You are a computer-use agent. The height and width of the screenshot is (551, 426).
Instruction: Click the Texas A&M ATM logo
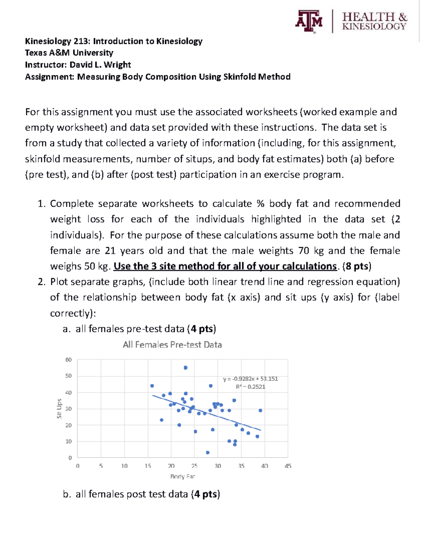[308, 21]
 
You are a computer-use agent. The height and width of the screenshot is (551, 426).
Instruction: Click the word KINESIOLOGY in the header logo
[374, 27]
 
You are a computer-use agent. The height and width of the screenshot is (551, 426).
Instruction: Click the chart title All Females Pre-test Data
[172, 345]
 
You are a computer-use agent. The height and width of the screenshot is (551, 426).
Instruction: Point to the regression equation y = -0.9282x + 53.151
[250, 379]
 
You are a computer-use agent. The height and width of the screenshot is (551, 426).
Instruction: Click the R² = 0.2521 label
[250, 387]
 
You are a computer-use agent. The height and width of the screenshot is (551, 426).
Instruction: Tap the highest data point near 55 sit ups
[186, 368]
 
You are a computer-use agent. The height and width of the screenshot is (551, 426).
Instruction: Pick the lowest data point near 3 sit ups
[208, 452]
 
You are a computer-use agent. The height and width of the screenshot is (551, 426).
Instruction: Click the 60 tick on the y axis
[69, 359]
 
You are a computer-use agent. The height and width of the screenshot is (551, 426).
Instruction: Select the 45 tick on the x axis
[288, 466]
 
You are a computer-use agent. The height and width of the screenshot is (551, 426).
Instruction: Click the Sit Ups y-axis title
[59, 408]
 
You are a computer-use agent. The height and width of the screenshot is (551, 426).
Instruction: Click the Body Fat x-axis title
[182, 476]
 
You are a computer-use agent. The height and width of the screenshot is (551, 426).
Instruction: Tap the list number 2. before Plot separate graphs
[42, 282]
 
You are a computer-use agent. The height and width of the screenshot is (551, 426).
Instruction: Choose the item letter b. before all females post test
[67, 494]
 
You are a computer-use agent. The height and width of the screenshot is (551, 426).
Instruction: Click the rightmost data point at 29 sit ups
[260, 410]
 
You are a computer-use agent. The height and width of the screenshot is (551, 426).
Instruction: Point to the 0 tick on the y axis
[70, 458]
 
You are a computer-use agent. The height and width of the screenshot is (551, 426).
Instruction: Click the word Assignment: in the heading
[49, 77]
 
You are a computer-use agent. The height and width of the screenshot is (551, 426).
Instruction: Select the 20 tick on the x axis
[171, 466]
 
